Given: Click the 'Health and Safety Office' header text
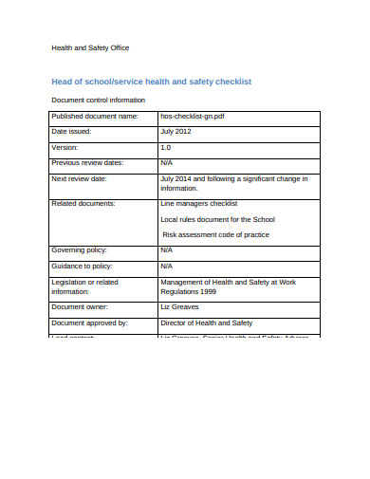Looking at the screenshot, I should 89,47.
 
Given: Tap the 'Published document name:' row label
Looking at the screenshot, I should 95,116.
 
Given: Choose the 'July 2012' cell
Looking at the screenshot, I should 177,132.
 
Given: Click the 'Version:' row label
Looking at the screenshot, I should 66,148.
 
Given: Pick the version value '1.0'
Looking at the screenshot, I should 166,148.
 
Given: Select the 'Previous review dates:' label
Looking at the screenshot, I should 90,163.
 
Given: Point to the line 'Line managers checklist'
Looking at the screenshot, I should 199,203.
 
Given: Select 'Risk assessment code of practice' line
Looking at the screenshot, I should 215,234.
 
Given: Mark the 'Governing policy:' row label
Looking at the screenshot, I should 82,250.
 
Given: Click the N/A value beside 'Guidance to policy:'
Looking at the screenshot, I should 167,266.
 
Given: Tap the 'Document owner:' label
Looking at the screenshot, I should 81,307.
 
